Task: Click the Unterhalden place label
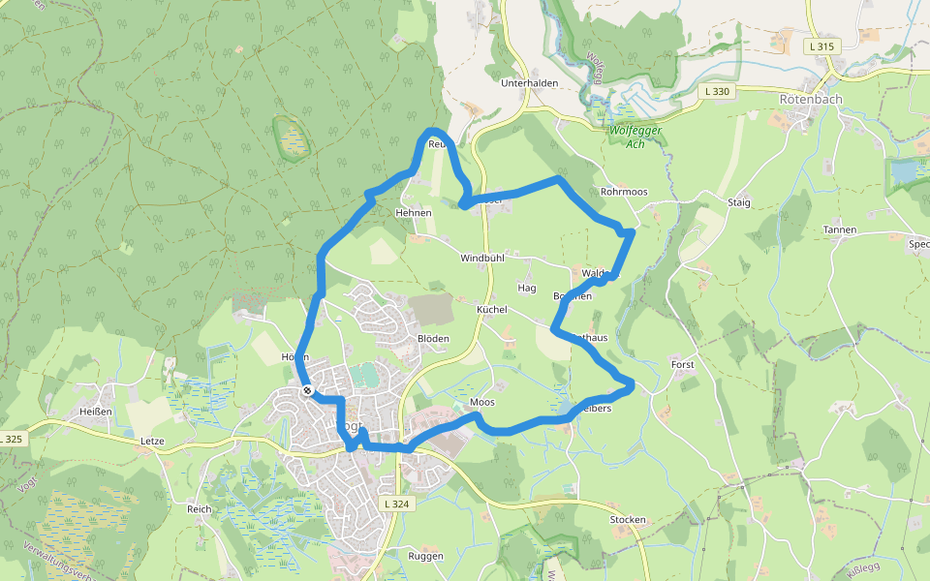coord(529,83)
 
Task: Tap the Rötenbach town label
coord(811,99)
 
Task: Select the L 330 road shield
coord(717,91)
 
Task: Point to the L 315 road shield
coord(819,46)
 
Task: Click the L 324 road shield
coord(397,504)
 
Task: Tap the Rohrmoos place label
coord(624,192)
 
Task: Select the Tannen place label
coord(839,229)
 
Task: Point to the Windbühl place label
coord(483,259)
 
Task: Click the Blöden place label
coord(433,338)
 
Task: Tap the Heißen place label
coord(96,412)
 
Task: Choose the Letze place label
coord(152,442)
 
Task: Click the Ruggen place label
coord(425,556)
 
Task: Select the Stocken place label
coord(628,520)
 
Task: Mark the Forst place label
coord(683,364)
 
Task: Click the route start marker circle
coord(307,390)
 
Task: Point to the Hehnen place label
coord(413,212)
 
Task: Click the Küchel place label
coord(492,309)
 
